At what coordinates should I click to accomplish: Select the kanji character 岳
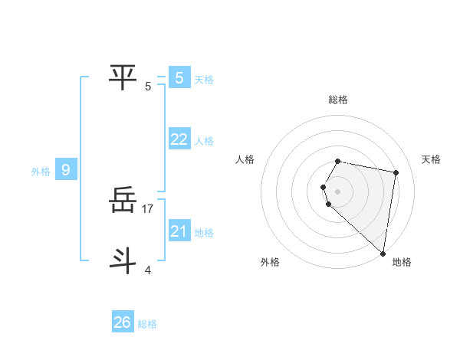(123, 201)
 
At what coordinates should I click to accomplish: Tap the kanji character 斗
(123, 261)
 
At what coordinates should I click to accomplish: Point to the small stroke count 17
(149, 208)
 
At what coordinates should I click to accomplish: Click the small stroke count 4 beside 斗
(147, 269)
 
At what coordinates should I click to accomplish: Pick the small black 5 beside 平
(148, 86)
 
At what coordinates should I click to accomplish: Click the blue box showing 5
(179, 78)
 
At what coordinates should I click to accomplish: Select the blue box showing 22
(179, 139)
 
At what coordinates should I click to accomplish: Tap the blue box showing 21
(179, 231)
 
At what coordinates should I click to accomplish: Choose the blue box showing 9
(66, 170)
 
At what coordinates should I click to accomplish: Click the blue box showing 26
(123, 322)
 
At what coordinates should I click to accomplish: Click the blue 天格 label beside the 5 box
(204, 80)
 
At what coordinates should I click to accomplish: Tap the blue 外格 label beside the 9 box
(41, 172)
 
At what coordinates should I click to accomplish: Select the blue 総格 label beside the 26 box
(147, 324)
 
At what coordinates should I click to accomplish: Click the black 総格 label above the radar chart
(338, 100)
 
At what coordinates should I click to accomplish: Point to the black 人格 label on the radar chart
(245, 159)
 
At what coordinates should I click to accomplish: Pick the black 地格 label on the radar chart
(402, 262)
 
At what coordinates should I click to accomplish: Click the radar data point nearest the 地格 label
(383, 253)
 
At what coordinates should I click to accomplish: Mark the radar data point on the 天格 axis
(396, 173)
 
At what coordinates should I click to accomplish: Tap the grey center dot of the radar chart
(337, 191)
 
